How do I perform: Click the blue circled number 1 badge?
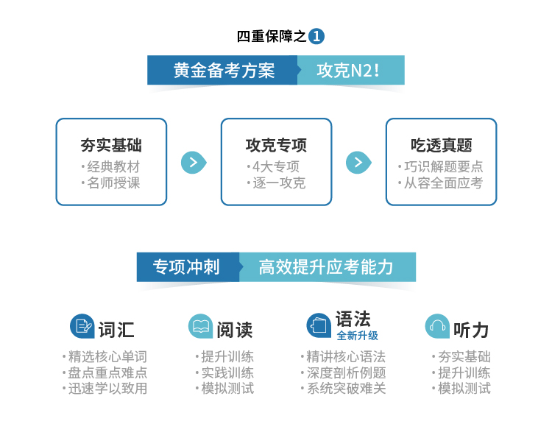316,36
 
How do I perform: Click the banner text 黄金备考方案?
224,70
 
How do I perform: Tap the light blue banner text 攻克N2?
348,70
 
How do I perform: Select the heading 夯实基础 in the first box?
111,145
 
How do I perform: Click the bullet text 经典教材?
113,166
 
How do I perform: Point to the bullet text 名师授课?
113,183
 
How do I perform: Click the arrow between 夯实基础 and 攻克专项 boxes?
194,163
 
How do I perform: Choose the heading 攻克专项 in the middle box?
276,145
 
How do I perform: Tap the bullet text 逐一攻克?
279,183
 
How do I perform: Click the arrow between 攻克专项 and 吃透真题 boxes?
358,163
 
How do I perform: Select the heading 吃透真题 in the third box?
441,145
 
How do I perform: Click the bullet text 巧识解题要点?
443,166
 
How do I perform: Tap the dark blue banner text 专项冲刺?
186,267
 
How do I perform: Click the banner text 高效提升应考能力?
326,267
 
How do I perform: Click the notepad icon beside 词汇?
82,326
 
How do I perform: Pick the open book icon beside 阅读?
201,326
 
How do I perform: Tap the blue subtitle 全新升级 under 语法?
357,336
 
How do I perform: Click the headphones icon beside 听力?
437,326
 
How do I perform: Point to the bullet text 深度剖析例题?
347,372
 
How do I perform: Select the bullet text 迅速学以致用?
107,389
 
